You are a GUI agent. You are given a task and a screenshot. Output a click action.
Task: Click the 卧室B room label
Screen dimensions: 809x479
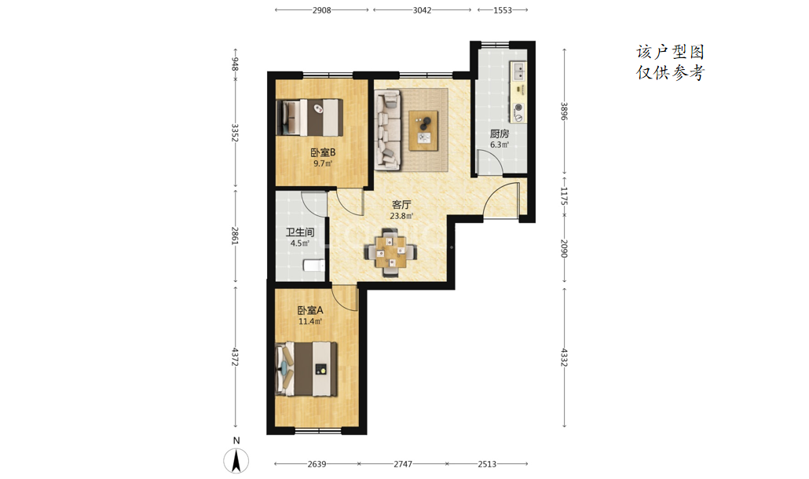[323, 152]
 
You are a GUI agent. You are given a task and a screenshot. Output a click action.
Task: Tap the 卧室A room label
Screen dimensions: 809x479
[310, 310]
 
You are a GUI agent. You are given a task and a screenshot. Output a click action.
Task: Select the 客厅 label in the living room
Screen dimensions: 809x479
[401, 205]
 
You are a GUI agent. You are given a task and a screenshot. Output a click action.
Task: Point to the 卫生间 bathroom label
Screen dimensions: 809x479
[300, 232]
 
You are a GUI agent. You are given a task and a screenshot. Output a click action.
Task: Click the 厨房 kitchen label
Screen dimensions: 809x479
[500, 133]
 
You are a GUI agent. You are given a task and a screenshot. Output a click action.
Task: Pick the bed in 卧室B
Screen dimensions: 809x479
[309, 117]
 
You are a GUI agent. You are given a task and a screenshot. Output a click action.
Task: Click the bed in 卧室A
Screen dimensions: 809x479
[306, 369]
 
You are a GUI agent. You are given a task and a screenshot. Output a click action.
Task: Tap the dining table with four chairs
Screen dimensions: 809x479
[391, 252]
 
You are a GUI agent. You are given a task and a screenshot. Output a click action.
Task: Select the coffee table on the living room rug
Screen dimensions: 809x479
[423, 130]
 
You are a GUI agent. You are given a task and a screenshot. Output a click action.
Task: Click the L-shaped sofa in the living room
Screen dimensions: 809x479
[387, 130]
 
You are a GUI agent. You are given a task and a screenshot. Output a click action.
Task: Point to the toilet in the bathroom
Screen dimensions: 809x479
[313, 265]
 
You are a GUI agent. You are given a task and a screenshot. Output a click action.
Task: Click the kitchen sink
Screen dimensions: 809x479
[518, 71]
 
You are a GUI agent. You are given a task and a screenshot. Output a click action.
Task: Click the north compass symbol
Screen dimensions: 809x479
[236, 460]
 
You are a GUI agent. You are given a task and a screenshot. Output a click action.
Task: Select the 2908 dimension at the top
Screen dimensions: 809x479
[321, 9]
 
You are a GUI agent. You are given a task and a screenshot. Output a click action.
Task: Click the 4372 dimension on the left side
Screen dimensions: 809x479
[236, 357]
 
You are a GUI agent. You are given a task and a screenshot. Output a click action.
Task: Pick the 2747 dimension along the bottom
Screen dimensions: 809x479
[403, 464]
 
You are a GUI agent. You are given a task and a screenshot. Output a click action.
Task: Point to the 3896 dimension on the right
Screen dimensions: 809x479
[564, 111]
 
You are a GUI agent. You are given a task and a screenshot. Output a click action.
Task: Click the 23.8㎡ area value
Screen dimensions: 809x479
[401, 216]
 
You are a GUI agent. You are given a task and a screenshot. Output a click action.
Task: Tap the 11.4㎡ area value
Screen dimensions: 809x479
[310, 321]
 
